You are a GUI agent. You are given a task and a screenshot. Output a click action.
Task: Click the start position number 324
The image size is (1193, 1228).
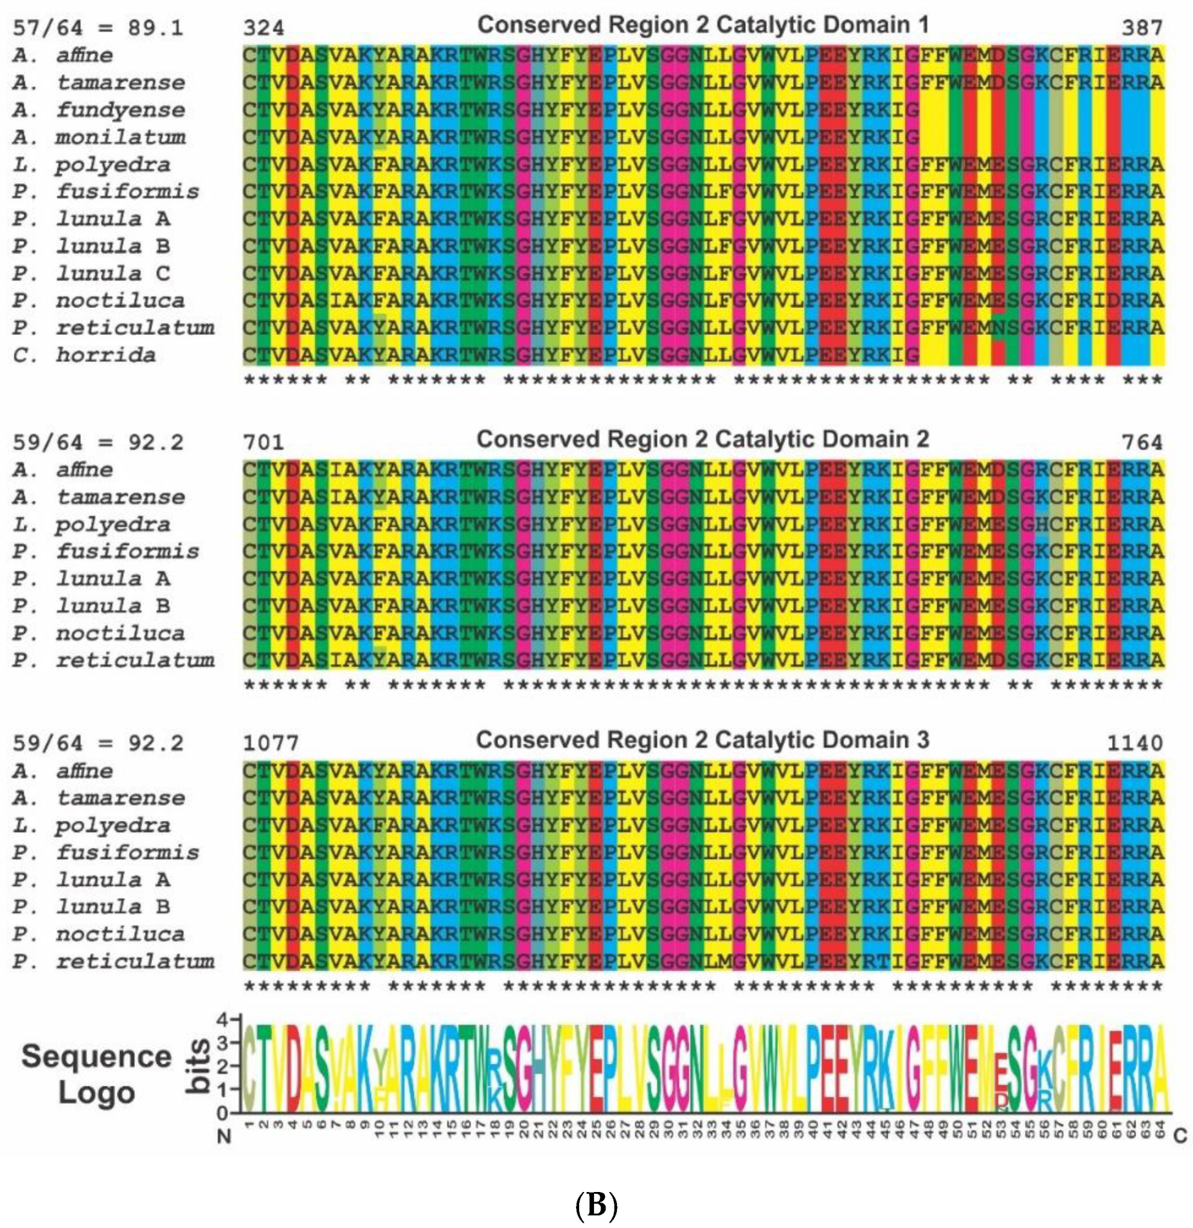[263, 28]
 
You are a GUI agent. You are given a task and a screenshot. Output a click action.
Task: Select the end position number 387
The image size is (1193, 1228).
[1142, 28]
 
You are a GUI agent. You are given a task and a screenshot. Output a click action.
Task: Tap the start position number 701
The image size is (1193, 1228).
[263, 442]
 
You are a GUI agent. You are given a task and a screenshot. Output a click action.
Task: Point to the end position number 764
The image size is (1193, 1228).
[1142, 442]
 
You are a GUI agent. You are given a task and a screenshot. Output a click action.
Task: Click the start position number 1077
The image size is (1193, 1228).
[271, 743]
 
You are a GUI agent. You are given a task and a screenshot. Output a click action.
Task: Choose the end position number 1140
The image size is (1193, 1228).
[1135, 743]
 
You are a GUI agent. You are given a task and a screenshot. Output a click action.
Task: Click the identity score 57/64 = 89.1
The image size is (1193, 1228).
[98, 28]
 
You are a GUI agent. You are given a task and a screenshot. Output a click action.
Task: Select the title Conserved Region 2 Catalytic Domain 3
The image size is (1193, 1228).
[702, 740]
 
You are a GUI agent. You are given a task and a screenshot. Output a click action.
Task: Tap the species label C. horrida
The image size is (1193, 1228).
[84, 355]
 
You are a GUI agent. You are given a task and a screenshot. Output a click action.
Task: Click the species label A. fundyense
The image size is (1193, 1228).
[98, 110]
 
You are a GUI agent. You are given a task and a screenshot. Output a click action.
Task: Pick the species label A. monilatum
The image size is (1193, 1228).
[98, 137]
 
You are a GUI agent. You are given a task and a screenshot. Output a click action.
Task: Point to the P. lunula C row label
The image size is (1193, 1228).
[91, 273]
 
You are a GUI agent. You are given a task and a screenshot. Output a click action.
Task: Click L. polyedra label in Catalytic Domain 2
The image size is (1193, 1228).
[91, 525]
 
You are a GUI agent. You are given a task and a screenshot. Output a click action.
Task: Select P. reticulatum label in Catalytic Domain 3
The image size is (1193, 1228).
[113, 961]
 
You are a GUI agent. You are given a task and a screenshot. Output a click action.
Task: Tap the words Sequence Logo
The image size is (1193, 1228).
[96, 1074]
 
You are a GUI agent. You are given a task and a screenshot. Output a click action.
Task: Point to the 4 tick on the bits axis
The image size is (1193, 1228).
[222, 1020]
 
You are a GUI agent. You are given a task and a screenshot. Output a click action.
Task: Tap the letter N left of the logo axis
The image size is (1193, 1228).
[224, 1137]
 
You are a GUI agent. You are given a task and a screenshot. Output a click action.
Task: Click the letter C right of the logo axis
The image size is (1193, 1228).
[1180, 1136]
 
